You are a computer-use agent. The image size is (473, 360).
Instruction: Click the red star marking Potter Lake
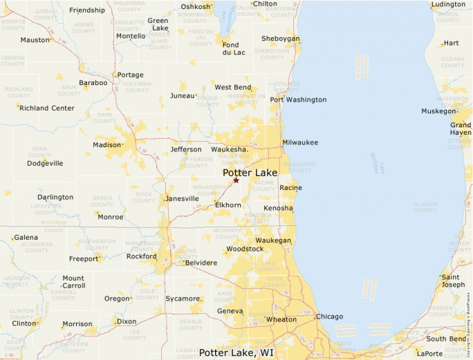236,180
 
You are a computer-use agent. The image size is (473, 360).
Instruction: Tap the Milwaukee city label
300,142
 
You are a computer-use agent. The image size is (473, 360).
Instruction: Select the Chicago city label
329,316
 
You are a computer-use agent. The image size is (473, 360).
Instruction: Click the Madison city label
107,144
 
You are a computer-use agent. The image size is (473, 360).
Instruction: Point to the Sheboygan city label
281,39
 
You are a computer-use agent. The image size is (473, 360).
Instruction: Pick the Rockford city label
141,256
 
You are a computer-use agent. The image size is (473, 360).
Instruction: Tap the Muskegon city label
438,111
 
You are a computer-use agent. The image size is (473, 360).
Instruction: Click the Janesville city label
183,199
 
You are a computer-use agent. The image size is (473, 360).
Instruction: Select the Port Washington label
298,100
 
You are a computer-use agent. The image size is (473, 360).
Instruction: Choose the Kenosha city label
278,208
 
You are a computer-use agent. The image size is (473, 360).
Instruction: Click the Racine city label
290,187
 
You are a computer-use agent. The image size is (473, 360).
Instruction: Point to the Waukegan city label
273,240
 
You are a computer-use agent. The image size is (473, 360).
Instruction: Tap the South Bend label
446,339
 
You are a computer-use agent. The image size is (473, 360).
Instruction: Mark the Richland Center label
47,108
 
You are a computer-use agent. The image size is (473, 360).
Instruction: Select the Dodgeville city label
45,163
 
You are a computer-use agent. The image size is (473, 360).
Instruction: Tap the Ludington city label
448,4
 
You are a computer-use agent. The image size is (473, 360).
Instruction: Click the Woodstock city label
245,249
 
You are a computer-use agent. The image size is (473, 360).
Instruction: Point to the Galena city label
26,237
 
